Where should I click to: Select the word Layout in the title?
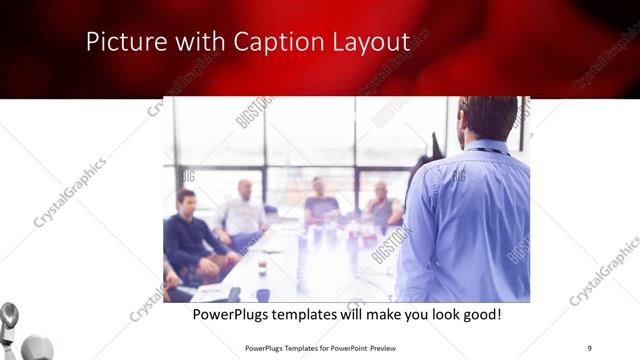(x=371, y=42)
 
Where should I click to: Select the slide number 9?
(x=590, y=347)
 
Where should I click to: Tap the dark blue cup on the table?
(x=263, y=295)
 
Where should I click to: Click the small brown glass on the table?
(x=262, y=266)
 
